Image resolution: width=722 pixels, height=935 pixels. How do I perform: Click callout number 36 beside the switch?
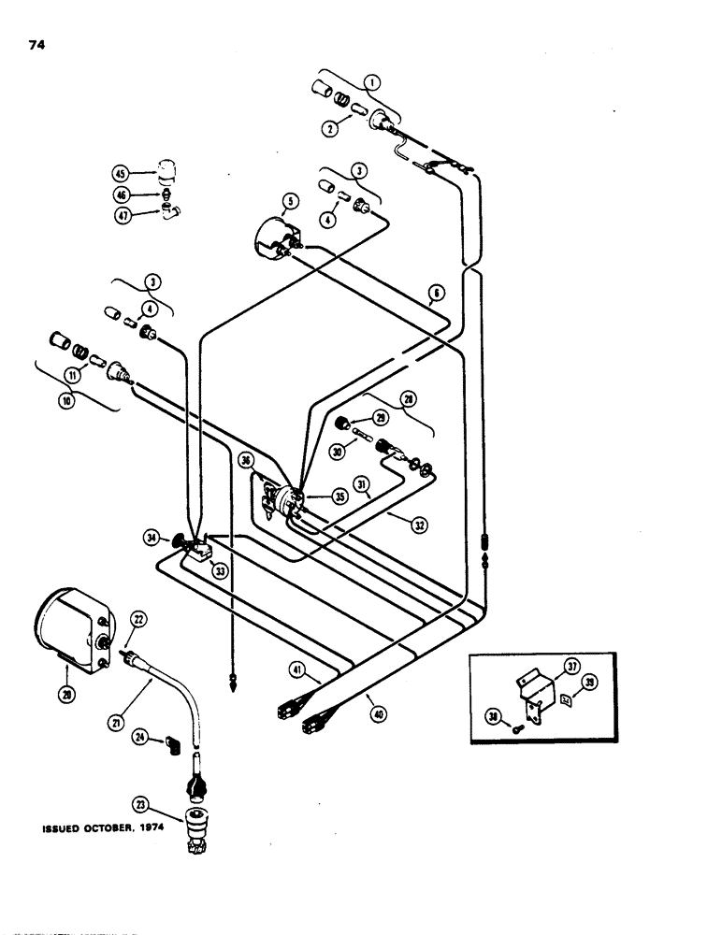(x=246, y=460)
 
